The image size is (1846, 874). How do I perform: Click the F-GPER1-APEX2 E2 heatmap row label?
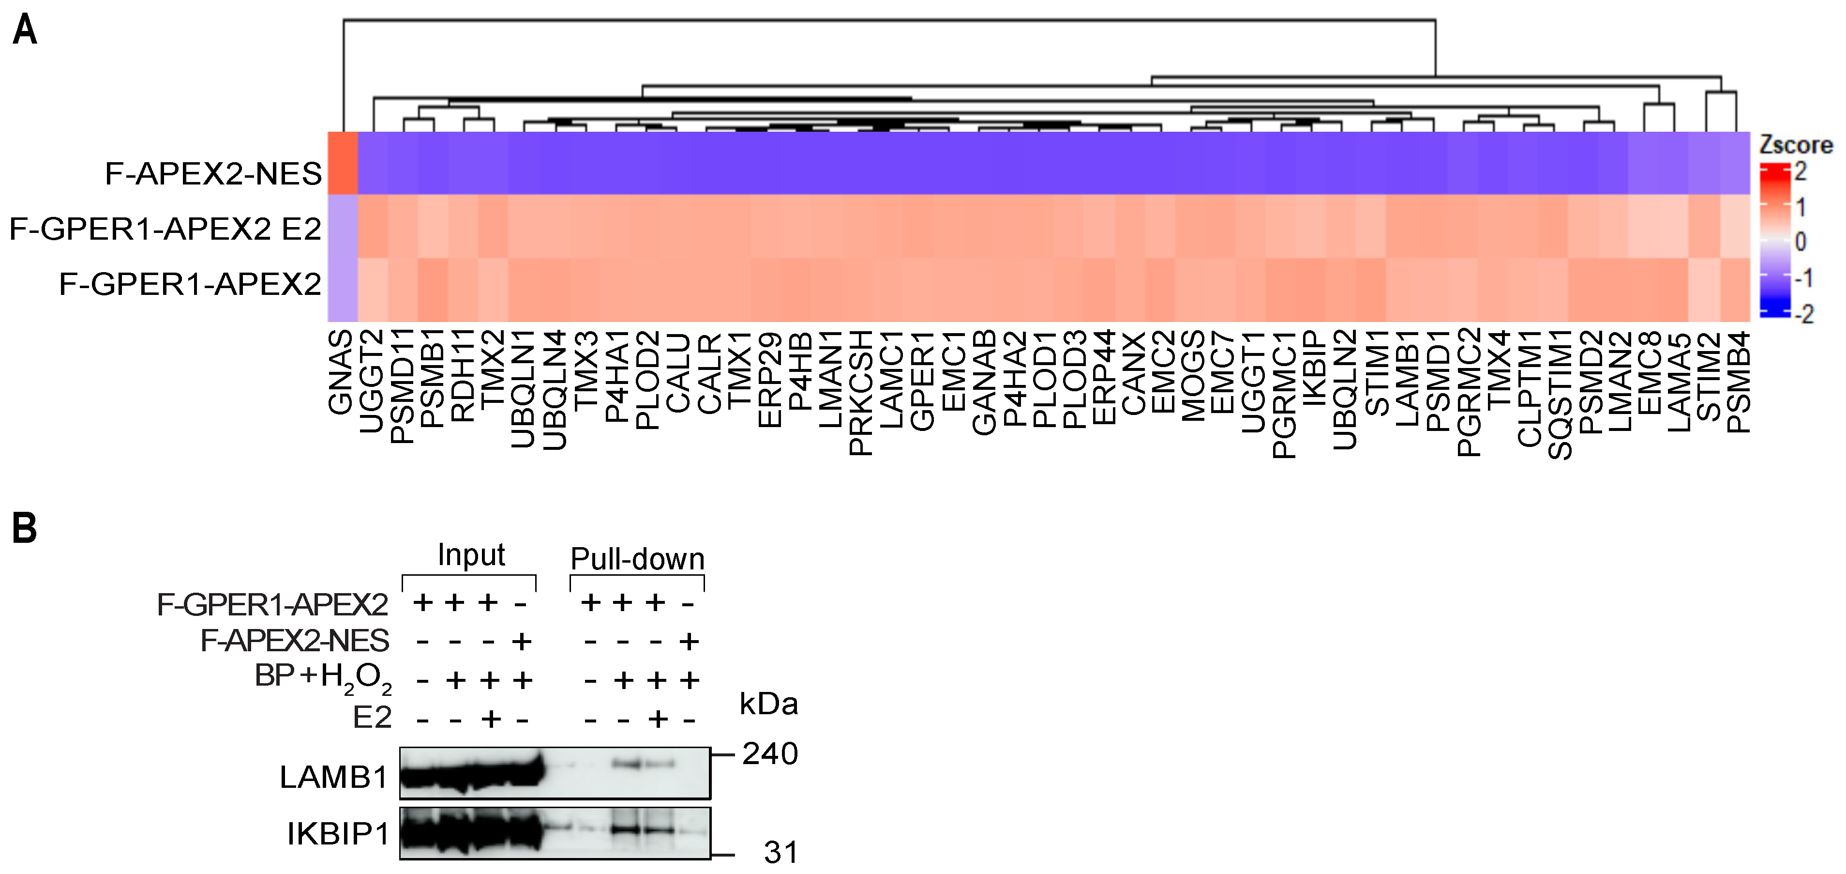click(165, 230)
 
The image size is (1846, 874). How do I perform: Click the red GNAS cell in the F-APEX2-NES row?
click(343, 164)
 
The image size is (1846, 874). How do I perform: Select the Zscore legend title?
click(1795, 146)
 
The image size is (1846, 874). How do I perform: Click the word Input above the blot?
click(471, 555)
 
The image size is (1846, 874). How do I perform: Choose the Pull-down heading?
click(637, 558)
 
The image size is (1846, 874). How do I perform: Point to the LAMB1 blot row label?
click(334, 777)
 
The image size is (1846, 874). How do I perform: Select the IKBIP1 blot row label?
click(338, 834)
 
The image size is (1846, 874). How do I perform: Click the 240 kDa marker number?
click(770, 753)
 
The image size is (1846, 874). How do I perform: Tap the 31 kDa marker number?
click(780, 853)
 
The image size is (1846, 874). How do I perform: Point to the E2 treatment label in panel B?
click(372, 718)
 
